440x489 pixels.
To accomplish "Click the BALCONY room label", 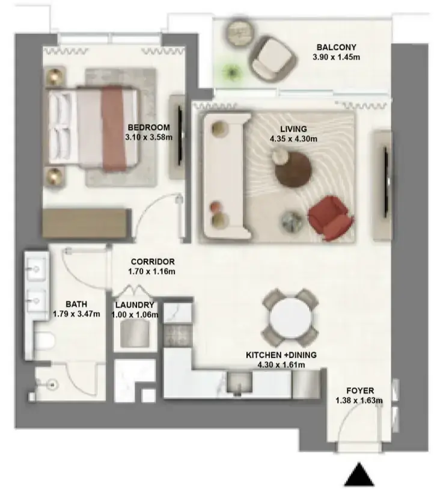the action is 336,48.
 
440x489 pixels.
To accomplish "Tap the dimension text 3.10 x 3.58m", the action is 148,137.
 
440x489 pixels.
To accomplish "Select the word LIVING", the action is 293,129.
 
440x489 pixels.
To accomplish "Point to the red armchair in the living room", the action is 331,218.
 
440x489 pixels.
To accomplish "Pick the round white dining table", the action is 290,319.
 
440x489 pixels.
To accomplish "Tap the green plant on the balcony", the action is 232,72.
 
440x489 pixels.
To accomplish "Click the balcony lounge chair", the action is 273,59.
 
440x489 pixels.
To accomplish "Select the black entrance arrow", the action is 359,474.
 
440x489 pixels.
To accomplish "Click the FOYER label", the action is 360,391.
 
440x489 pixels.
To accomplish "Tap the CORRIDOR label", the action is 153,262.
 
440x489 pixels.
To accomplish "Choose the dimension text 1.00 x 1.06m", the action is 135,315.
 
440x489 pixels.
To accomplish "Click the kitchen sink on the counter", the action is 239,382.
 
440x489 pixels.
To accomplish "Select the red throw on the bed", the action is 113,128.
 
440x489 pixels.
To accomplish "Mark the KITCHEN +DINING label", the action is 281,355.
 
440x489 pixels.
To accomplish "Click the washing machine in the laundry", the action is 135,333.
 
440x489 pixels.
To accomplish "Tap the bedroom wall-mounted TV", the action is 180,136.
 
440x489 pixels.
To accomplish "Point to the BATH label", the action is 76,304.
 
